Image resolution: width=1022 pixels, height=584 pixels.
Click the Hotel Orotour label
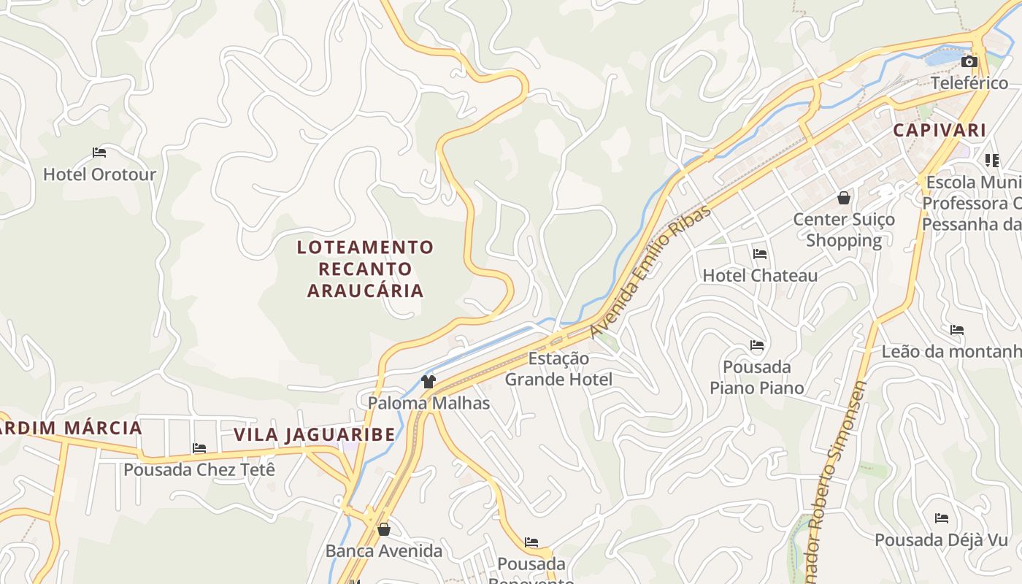pyautogui.click(x=99, y=174)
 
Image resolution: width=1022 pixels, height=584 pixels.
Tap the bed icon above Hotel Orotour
pyautogui.click(x=99, y=153)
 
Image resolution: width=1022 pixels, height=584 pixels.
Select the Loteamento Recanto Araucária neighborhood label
pyautogui.click(x=365, y=269)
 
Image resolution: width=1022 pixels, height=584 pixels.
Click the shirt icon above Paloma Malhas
pyautogui.click(x=429, y=381)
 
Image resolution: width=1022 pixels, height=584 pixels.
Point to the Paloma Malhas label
pyautogui.click(x=429, y=403)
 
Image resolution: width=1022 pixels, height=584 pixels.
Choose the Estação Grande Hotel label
pyautogui.click(x=558, y=369)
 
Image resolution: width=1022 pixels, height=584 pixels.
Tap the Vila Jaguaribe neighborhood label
pyautogui.click(x=314, y=435)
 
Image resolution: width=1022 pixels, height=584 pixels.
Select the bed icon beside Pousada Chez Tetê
pyautogui.click(x=199, y=447)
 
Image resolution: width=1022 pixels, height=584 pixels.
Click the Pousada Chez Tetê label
pyautogui.click(x=199, y=469)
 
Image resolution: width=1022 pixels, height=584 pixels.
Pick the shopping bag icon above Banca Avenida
pyautogui.click(x=384, y=529)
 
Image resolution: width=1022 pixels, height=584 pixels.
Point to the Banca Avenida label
pyautogui.click(x=384, y=550)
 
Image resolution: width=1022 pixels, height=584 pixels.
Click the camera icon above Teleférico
pyautogui.click(x=969, y=61)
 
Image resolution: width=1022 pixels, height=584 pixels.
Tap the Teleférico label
pyautogui.click(x=969, y=82)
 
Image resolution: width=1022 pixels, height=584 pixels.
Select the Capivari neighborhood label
pyautogui.click(x=940, y=131)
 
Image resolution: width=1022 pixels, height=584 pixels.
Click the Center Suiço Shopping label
pyautogui.click(x=844, y=229)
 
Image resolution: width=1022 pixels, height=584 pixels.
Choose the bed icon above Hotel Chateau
pyautogui.click(x=760, y=254)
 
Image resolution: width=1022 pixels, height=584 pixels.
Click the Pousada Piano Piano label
pyautogui.click(x=756, y=377)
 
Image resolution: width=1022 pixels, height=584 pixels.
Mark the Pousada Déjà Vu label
pyautogui.click(x=941, y=540)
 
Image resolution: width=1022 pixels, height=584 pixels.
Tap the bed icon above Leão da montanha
pyautogui.click(x=957, y=330)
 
